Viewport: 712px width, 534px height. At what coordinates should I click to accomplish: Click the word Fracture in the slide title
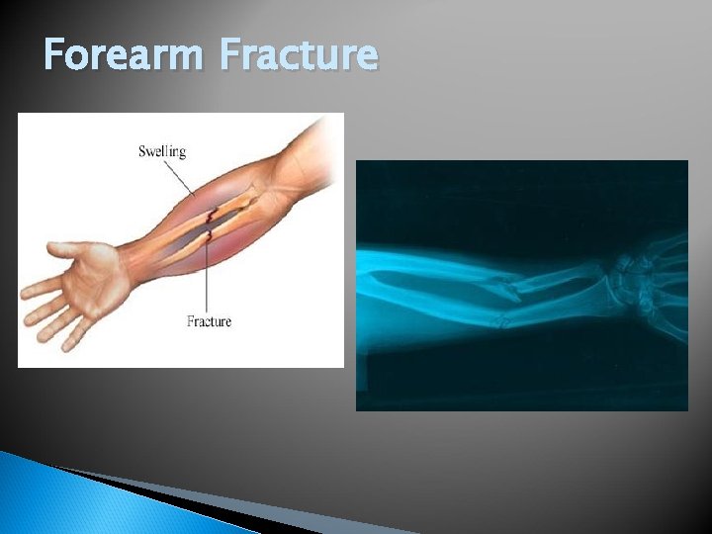(299, 55)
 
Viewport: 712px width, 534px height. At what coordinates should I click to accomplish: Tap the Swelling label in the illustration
(161, 151)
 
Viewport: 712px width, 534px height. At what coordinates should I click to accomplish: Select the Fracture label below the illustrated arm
(209, 321)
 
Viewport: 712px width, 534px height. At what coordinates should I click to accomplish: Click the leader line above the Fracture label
(208, 282)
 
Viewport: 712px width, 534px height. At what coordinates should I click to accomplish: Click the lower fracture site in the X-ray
(502, 318)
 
